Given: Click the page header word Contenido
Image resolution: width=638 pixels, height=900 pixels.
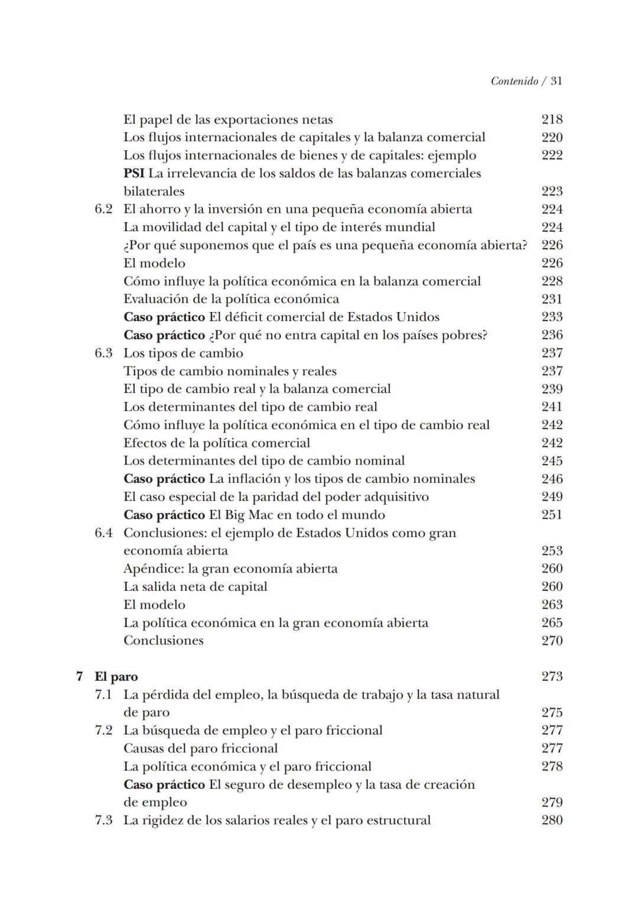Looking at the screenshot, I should [514, 82].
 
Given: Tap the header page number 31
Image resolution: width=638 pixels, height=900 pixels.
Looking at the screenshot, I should [556, 82].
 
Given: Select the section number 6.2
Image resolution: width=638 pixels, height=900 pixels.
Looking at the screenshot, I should [103, 209].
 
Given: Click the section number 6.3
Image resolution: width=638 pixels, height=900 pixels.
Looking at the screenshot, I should [103, 353].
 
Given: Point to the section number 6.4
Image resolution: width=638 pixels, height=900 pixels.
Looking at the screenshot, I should [103, 533].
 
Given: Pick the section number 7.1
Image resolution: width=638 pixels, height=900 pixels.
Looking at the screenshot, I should [103, 695].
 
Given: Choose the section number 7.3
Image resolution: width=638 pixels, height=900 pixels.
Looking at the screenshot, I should [103, 821].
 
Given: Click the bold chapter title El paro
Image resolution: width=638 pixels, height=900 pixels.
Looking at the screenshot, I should [116, 677].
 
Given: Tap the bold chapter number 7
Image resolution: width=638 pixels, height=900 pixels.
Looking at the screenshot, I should [80, 677].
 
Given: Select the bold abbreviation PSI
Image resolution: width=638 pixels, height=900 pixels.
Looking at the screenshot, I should [134, 174].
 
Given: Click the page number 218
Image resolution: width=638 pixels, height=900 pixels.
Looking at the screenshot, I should [552, 119].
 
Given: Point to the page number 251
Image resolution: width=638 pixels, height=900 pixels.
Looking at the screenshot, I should [552, 515].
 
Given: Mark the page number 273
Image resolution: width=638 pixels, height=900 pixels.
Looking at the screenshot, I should [552, 677].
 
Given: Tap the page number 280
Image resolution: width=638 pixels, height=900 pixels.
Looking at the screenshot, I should [552, 820].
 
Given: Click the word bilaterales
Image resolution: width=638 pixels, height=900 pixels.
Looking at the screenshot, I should [154, 191].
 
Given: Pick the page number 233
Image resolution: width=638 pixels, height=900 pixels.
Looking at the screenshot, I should [552, 317].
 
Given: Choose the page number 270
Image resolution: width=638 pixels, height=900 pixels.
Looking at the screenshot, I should [552, 641].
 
